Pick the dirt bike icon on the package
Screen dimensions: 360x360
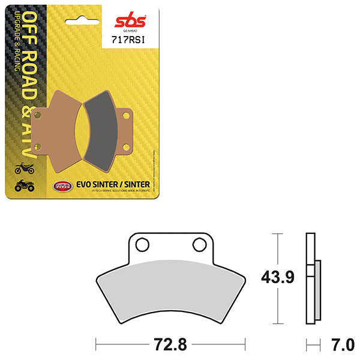[25, 167]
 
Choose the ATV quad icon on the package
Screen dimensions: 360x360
[25, 187]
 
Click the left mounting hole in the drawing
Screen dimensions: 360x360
[142, 244]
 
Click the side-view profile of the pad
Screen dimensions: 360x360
[311, 276]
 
